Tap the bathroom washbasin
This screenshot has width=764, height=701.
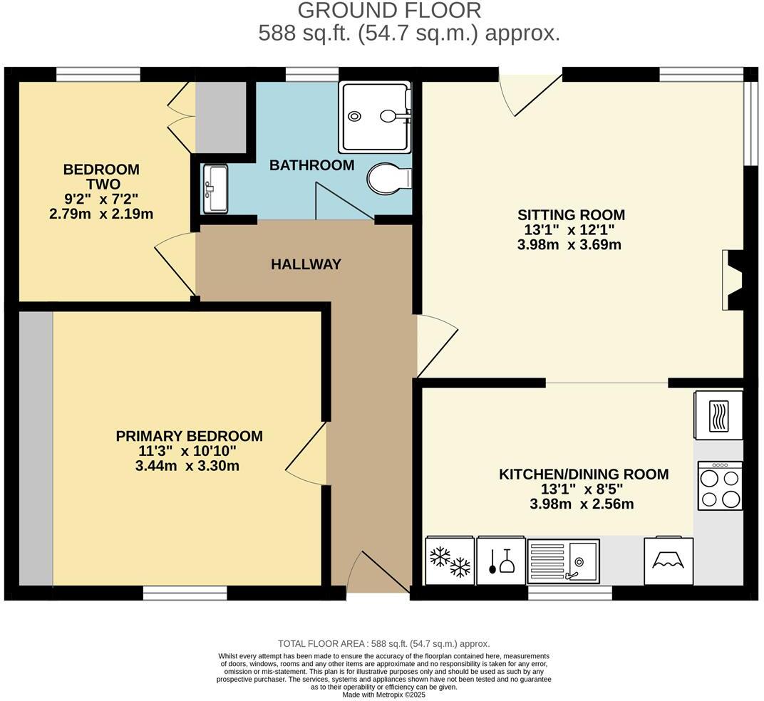(x=215, y=189)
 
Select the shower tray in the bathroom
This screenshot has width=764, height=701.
(x=374, y=117)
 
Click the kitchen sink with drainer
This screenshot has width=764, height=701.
(x=563, y=561)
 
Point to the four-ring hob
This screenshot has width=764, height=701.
(x=720, y=486)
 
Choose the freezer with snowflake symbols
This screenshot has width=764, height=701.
(x=450, y=561)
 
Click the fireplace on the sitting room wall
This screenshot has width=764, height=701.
(x=731, y=280)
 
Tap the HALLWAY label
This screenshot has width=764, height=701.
(x=306, y=264)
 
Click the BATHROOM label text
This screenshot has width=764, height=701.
(x=311, y=165)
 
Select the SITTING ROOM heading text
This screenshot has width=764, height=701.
(x=571, y=214)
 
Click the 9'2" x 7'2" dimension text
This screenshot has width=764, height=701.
(x=100, y=199)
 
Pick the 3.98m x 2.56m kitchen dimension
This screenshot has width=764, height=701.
(x=582, y=504)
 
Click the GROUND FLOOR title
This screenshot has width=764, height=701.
(x=389, y=11)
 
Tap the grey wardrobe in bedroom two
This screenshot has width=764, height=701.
(x=221, y=117)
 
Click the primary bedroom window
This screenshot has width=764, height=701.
(x=185, y=593)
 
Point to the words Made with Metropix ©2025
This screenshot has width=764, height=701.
(x=383, y=695)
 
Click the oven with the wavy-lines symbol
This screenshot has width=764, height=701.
(x=718, y=415)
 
